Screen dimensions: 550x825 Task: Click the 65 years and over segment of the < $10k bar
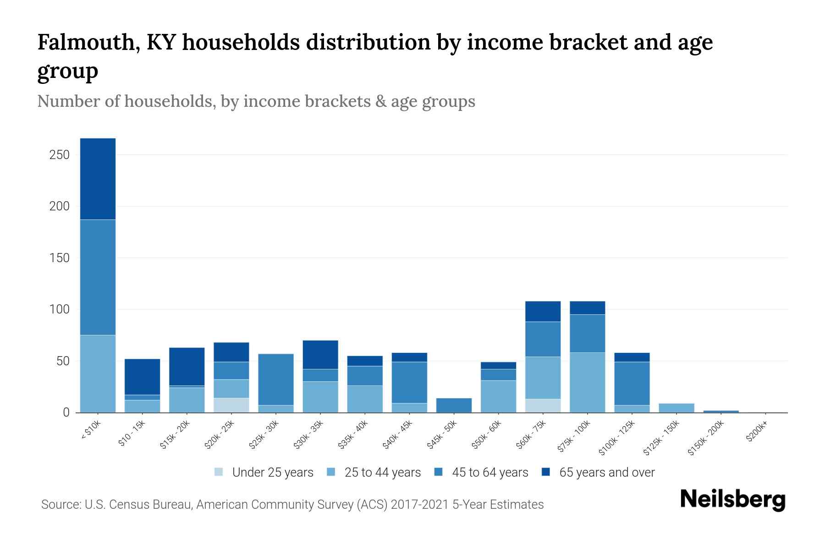pyautogui.click(x=98, y=179)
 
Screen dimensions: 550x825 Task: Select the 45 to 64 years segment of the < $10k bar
pyautogui.click(x=98, y=277)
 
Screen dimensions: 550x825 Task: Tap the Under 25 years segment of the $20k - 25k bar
pyautogui.click(x=231, y=405)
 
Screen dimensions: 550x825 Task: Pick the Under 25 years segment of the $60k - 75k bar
pyautogui.click(x=543, y=406)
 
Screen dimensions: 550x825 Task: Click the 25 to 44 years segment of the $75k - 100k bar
pyautogui.click(x=587, y=382)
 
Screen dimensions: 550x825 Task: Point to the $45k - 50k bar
pyautogui.click(x=454, y=405)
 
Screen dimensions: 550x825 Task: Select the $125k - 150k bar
pyautogui.click(x=676, y=408)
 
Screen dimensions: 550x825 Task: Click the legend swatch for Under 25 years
pyautogui.click(x=219, y=472)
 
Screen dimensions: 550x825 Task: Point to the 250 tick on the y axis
pyautogui.click(x=59, y=155)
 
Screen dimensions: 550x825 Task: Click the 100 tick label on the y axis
pyautogui.click(x=59, y=309)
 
